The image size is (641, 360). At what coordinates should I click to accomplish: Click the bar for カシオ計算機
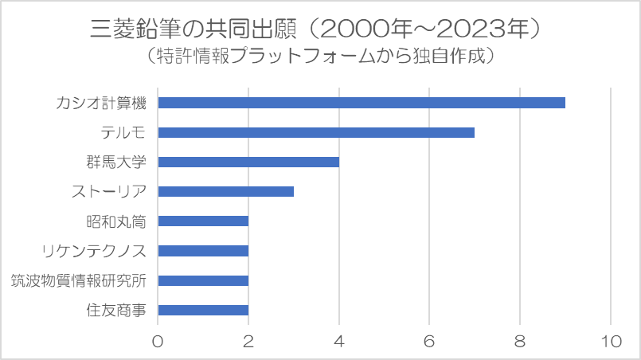362,103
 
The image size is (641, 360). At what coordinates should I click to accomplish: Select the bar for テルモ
316,132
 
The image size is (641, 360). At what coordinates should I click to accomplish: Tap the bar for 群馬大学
248,162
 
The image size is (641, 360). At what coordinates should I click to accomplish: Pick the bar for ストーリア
226,191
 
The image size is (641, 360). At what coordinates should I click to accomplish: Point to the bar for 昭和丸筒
203,221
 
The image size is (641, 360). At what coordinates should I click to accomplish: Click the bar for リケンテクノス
203,251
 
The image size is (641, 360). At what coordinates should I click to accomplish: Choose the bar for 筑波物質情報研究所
203,280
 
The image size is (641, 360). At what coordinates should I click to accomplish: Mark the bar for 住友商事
203,310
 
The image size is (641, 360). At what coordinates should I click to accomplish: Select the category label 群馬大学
116,162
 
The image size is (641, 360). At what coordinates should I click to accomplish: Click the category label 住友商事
116,310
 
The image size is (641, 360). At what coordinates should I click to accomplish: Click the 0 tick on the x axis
158,340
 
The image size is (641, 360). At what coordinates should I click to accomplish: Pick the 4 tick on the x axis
339,340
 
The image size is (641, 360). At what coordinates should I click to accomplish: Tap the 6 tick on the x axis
430,340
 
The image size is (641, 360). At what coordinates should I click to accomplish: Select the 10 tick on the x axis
611,340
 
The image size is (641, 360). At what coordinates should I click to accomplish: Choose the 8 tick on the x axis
521,340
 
